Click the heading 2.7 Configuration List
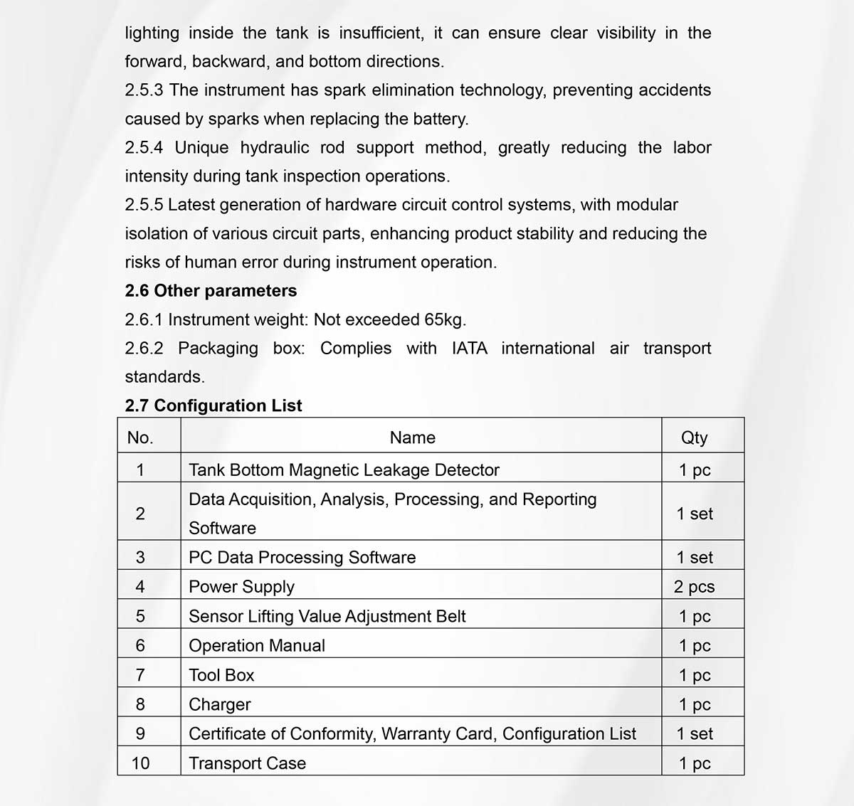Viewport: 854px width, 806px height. pyautogui.click(x=213, y=405)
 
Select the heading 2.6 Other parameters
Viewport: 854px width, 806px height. pyautogui.click(x=211, y=291)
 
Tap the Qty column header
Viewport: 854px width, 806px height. pyautogui.click(x=694, y=438)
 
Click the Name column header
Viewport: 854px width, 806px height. pyautogui.click(x=412, y=438)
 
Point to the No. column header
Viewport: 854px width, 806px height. pyautogui.click(x=140, y=438)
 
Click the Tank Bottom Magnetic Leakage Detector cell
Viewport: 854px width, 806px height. pyautogui.click(x=344, y=470)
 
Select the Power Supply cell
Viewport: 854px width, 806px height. pyautogui.click(x=241, y=587)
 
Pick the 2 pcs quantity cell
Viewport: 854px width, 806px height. pyautogui.click(x=694, y=587)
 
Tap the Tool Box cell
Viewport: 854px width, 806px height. pyautogui.click(x=221, y=675)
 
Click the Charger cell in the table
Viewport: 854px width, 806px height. pyautogui.click(x=220, y=704)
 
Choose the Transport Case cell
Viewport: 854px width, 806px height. pyautogui.click(x=247, y=763)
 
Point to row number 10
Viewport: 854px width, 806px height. pyautogui.click(x=140, y=763)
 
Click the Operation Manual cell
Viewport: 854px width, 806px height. pyautogui.click(x=256, y=645)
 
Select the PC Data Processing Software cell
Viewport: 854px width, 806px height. pyautogui.click(x=302, y=557)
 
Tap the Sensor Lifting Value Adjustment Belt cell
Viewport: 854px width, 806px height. pyautogui.click(x=327, y=616)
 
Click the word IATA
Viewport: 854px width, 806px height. pyautogui.click(x=470, y=349)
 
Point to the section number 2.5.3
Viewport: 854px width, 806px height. pyautogui.click(x=144, y=90)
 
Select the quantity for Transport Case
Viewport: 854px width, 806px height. pyautogui.click(x=694, y=763)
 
